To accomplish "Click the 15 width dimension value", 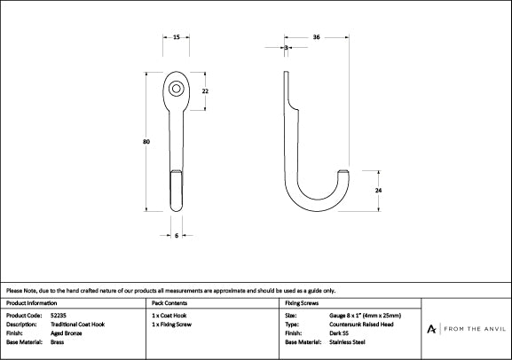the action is pos(177,37).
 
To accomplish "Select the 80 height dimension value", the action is pos(146,142).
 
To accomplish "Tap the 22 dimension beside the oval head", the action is pos(205,91).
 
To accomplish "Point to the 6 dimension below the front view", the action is pos(177,235).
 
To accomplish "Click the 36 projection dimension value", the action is pos(316,37).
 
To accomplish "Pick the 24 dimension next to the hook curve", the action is pos(378,190).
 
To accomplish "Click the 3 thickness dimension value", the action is pos(286,48).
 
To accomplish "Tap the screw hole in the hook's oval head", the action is pos(176,89).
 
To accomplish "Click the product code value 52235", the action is pos(59,316).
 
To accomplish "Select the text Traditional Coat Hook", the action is pos(78,325).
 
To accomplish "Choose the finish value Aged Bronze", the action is pos(67,333).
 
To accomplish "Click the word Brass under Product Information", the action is pos(57,342).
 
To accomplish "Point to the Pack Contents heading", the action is pos(169,303).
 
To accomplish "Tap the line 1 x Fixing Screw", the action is pos(172,325).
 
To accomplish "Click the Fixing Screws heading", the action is pos(302,303).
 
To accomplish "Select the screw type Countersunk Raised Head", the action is pos(361,325).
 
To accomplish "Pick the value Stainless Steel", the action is pos(347,342).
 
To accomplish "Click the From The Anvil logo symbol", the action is pos(431,329).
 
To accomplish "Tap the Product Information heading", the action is pos(31,303).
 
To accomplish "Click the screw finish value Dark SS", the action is pos(339,333).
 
